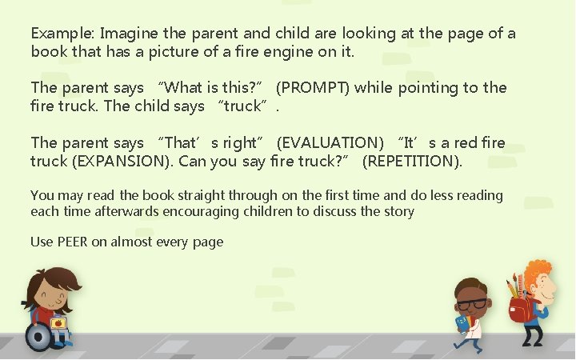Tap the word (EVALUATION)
click(330, 143)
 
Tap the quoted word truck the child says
click(246, 106)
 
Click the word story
click(398, 211)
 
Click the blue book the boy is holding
click(461, 323)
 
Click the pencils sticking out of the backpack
click(513, 285)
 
